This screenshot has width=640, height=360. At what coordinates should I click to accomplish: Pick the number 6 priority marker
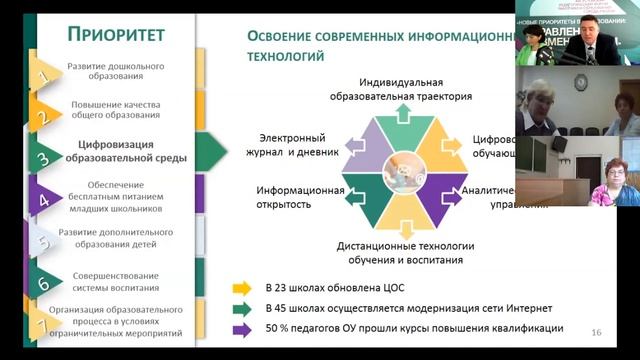[x=43, y=283]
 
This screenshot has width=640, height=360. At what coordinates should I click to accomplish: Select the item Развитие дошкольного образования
[x=116, y=71]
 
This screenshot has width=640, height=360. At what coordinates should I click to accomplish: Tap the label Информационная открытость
[x=301, y=196]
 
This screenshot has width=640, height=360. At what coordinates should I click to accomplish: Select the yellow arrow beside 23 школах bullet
[x=241, y=288]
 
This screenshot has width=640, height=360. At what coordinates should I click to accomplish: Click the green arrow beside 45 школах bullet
[x=241, y=308]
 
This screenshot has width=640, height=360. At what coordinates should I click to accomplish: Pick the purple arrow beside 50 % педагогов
[x=241, y=328]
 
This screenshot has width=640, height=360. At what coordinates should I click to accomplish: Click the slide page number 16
[x=597, y=332]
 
